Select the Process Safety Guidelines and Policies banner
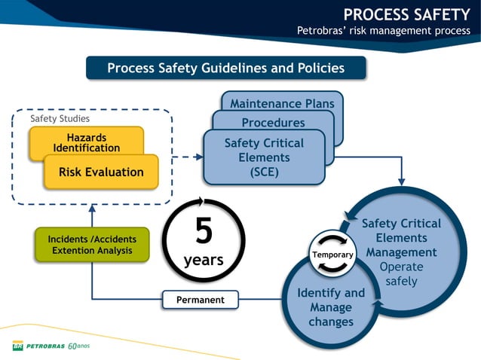[x=225, y=68]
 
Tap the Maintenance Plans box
[x=282, y=103]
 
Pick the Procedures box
[x=273, y=122]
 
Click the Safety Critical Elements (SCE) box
[x=264, y=157]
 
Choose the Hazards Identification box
[x=86, y=142]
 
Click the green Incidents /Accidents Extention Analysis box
[x=92, y=245]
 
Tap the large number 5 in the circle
[x=204, y=231]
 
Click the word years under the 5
[x=204, y=261]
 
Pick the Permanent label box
[x=201, y=300]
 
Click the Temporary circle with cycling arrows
[x=332, y=255]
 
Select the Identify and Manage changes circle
[x=331, y=307]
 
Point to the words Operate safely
[x=402, y=274]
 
